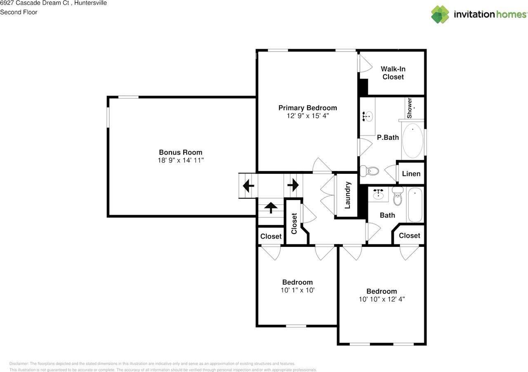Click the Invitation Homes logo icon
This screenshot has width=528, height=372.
tap(440, 14)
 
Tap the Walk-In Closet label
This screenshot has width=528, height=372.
tap(393, 73)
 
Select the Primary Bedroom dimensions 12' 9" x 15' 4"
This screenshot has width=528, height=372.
tap(307, 116)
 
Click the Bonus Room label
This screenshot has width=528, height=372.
tap(181, 152)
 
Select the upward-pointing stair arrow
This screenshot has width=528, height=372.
tap(271, 207)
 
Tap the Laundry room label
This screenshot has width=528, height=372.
tap(347, 195)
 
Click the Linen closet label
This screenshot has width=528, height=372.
tap(411, 173)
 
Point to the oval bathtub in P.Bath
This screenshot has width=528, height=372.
tap(412, 141)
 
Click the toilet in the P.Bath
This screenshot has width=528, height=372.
tap(370, 170)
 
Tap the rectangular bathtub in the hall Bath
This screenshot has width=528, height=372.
tap(415, 205)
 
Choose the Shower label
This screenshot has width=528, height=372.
tap(410, 108)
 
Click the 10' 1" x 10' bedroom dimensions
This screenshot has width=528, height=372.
tap(297, 290)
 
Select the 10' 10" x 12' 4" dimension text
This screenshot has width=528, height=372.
tap(382, 299)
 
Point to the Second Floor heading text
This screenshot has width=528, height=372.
tap(19, 12)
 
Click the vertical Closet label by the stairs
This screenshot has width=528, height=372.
tap(294, 223)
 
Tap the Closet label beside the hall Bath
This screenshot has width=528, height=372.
tap(409, 235)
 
